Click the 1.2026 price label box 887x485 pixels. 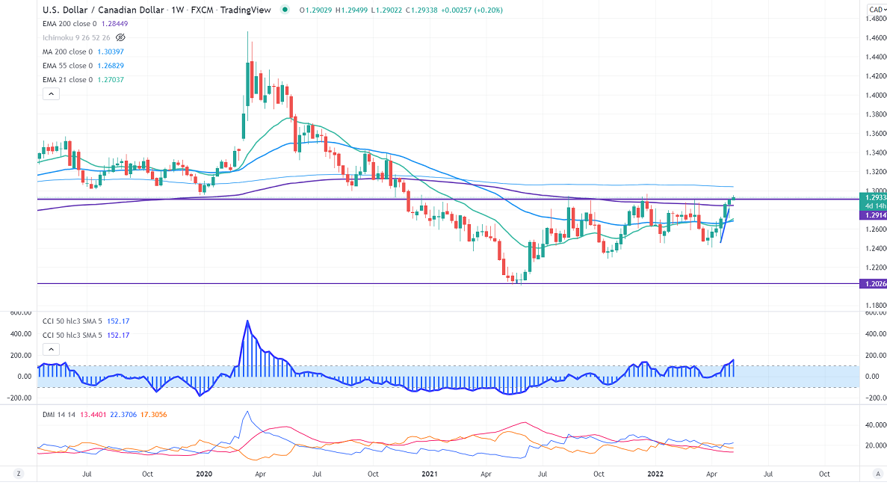point(875,284)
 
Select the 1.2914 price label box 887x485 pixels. point(875,214)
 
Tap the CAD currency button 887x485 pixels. point(876,9)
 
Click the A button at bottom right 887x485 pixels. point(877,473)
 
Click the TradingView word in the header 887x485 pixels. point(251,10)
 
